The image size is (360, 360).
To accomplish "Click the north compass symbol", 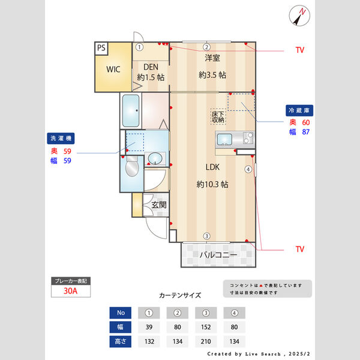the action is pos(299,16).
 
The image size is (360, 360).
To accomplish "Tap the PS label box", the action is pos(101,48).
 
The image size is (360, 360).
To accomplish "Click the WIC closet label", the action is pos(113,69).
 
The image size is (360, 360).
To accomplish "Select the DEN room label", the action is pos(151,67).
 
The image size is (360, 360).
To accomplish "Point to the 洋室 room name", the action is pos(212,58).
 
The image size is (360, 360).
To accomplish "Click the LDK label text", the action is pos(212,167).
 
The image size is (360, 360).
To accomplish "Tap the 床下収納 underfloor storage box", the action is pos(218,116).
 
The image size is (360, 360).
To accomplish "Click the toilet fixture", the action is pos(132,166).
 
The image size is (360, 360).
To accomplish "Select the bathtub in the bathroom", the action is pos(131,110).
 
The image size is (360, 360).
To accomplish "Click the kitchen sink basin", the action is pos(224,139).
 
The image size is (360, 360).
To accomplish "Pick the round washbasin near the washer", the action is pos(155,158).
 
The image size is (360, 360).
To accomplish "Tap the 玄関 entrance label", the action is pos(159,205).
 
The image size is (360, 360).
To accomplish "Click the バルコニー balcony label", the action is pos(218,255).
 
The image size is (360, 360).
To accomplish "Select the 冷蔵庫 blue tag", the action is pos(299,110).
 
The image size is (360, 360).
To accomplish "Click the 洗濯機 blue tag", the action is pos(61,139).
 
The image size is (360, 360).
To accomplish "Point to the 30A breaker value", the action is pos(70,291).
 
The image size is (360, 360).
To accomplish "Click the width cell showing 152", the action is pos(206,327).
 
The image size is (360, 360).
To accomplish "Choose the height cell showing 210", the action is pos(206,341).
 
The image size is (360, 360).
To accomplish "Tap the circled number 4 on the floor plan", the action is pos(248,169).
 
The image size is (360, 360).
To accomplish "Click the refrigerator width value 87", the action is pos(306,132).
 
